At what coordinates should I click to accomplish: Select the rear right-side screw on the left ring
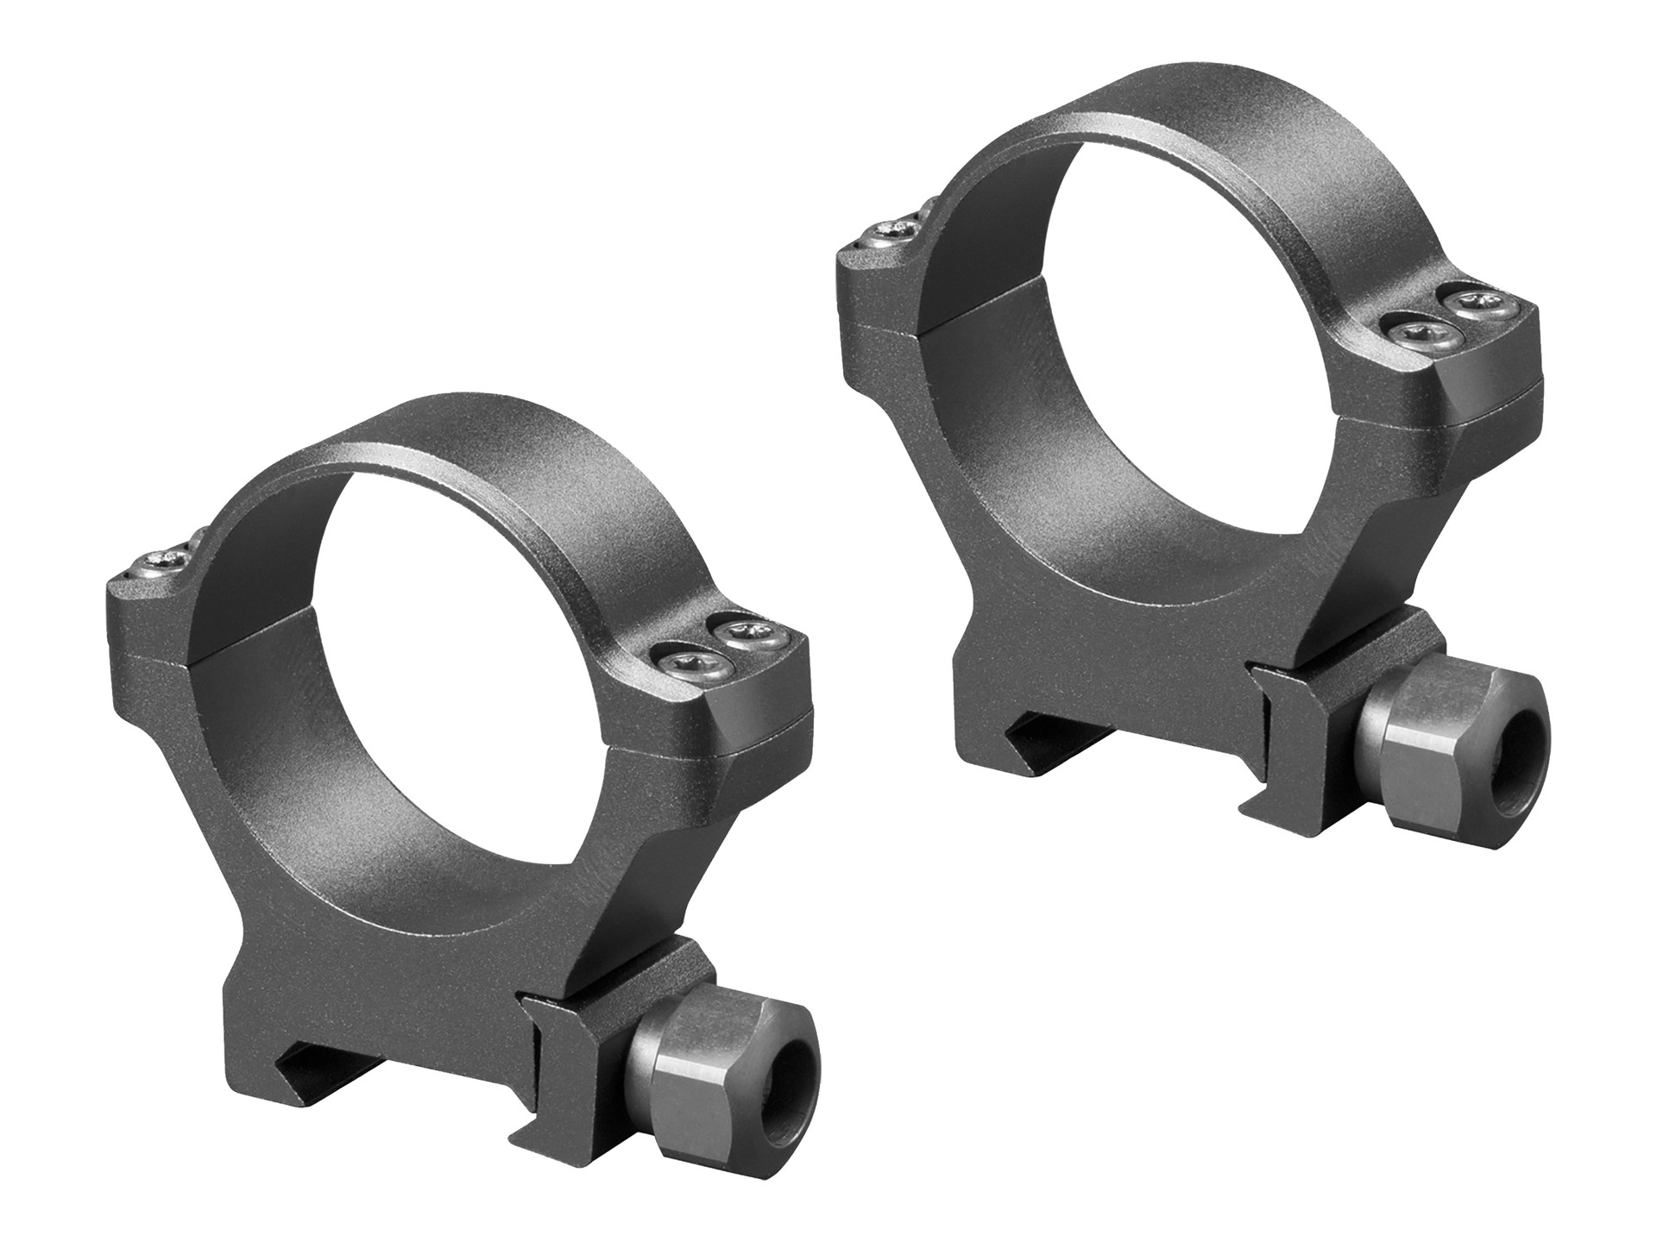click(x=749, y=635)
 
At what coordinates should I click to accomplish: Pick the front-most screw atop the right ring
click(x=1408, y=330)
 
